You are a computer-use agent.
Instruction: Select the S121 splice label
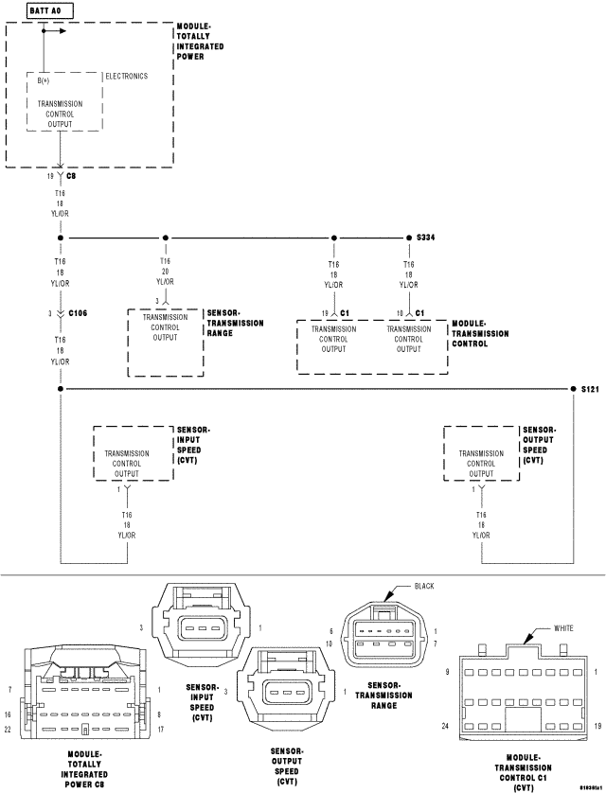point(590,389)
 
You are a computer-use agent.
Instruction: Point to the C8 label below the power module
point(71,176)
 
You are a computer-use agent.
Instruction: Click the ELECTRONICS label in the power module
point(126,76)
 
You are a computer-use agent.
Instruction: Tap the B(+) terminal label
point(45,81)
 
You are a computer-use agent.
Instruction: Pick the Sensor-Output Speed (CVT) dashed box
point(481,453)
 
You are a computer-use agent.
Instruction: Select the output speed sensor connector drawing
point(286,692)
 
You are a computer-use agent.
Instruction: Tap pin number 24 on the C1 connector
point(445,727)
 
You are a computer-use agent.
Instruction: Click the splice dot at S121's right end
point(574,389)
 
